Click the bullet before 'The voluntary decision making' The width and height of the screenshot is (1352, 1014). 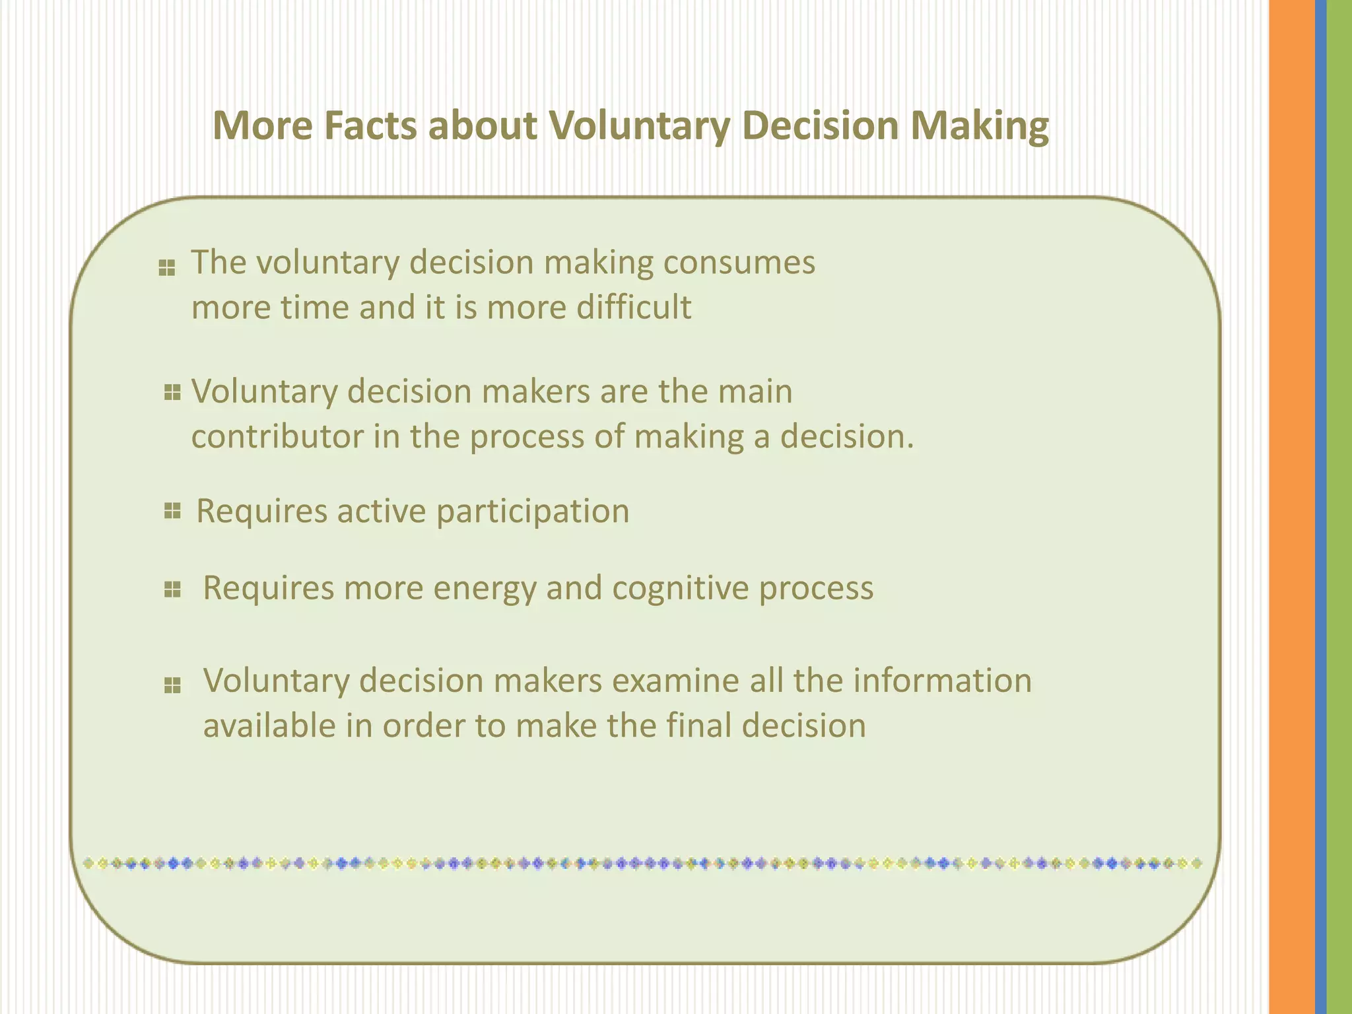[x=167, y=268]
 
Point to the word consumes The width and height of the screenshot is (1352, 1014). [x=739, y=263]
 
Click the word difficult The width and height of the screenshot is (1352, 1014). [x=634, y=308]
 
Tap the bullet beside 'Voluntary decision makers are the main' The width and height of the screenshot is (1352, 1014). [x=172, y=393]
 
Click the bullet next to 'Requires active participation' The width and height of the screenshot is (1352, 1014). [x=172, y=510]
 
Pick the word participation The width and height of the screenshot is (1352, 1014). [x=533, y=512]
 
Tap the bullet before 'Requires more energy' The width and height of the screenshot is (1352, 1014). [x=172, y=589]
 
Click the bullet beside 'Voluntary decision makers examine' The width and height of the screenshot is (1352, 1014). [x=172, y=686]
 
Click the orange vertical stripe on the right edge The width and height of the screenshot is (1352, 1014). [x=1291, y=507]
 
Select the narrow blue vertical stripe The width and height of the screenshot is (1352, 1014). [x=1320, y=507]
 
